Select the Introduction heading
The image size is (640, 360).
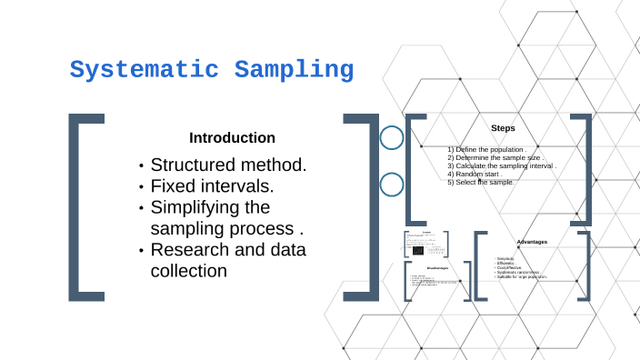[232, 138]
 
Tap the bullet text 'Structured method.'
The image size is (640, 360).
[228, 165]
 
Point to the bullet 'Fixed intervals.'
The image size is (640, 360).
[212, 186]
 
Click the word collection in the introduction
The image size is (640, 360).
[188, 270]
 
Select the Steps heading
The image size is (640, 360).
[503, 128]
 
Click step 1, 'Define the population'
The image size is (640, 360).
[486, 149]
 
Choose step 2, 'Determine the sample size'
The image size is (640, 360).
[494, 157]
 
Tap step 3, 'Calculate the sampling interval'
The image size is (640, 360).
[501, 166]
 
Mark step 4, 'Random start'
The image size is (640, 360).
[475, 175]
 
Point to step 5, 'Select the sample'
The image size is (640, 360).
[481, 183]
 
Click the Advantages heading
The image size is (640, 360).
[532, 241]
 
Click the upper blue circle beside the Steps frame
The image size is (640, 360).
[392, 138]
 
